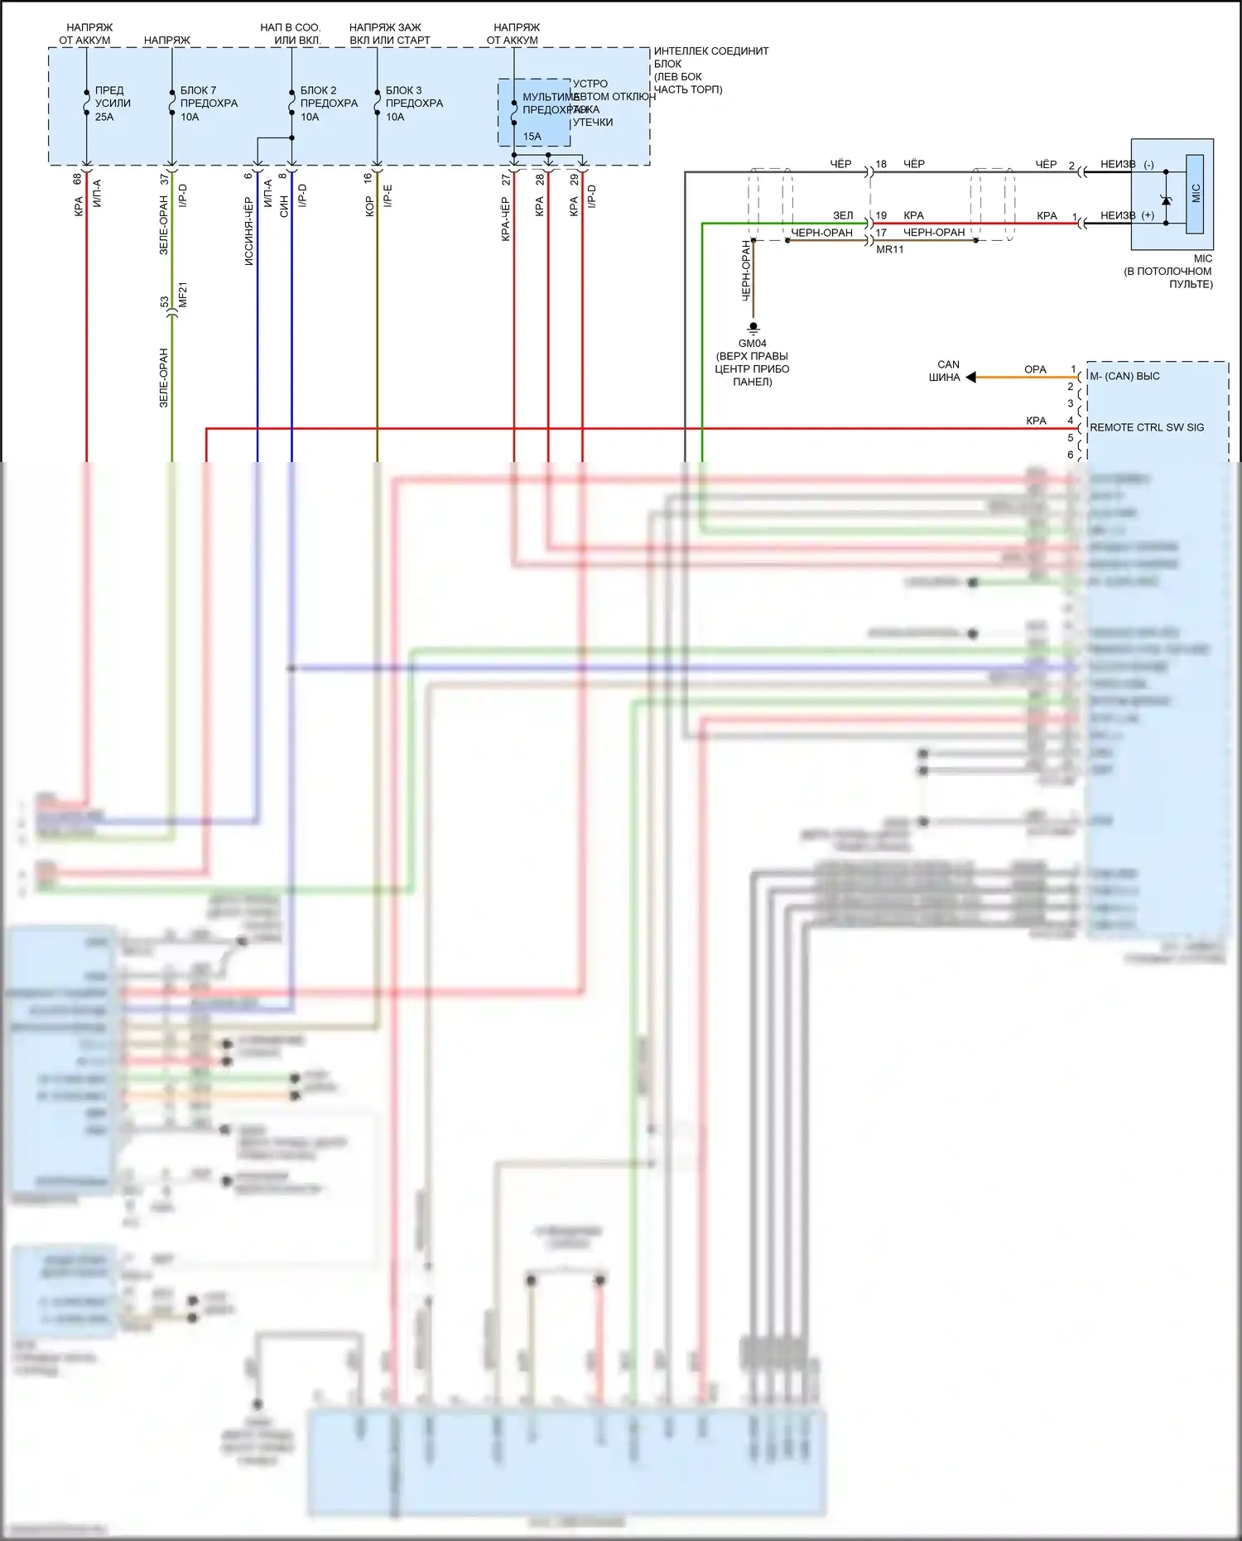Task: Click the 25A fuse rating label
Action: [x=104, y=117]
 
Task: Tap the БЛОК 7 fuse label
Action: [x=198, y=90]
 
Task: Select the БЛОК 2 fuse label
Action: [x=318, y=90]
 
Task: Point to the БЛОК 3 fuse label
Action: [x=403, y=90]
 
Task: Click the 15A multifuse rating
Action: [x=532, y=137]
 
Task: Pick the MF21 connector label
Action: [x=183, y=295]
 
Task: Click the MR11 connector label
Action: [x=890, y=249]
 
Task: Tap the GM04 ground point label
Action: [x=752, y=344]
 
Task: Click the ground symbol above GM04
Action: [x=753, y=328]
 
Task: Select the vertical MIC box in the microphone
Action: [x=1195, y=194]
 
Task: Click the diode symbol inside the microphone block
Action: [x=1166, y=200]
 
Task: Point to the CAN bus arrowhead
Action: [x=971, y=378]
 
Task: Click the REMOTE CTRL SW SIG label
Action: [x=1147, y=427]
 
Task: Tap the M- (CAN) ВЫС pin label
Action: [x=1124, y=376]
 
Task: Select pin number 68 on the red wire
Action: [x=77, y=178]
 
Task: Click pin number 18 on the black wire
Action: [x=881, y=164]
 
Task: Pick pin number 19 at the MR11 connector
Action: [x=881, y=215]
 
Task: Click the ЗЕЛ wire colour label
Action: [x=843, y=215]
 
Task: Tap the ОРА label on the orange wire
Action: [x=1035, y=369]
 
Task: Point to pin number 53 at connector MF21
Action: [x=164, y=302]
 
